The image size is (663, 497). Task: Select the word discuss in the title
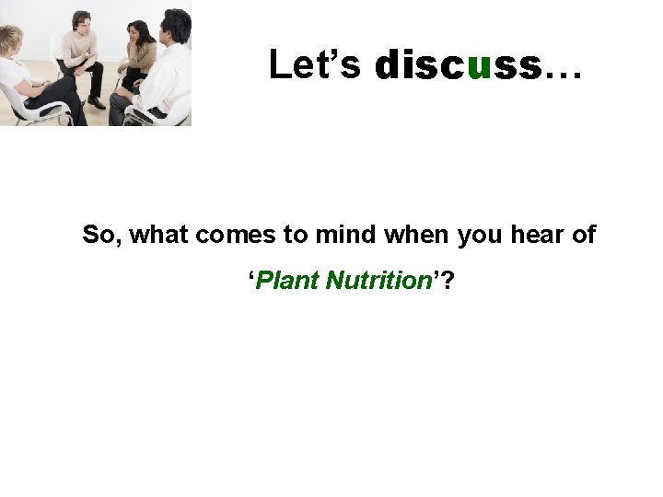458,65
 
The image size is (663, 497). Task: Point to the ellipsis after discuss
563,74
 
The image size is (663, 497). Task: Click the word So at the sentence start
100,235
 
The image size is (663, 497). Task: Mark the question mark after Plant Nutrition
448,280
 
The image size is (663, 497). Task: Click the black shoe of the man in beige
96,103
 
